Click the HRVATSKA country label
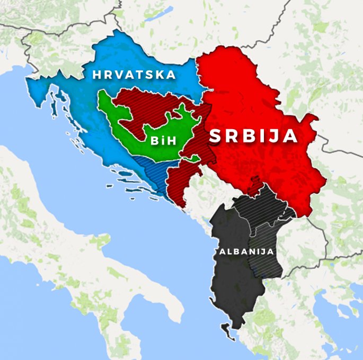click(x=134, y=75)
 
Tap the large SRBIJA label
click(x=253, y=136)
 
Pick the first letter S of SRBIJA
click(x=216, y=136)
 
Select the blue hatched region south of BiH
click(x=151, y=169)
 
